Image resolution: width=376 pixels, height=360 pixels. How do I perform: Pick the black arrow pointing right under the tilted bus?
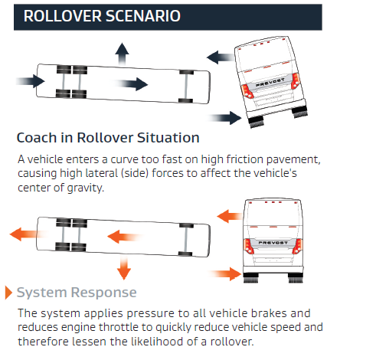coord(227,117)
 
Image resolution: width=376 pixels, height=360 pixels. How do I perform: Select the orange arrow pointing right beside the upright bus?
coord(224,273)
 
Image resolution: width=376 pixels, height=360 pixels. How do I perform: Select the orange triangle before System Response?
coord(9,293)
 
